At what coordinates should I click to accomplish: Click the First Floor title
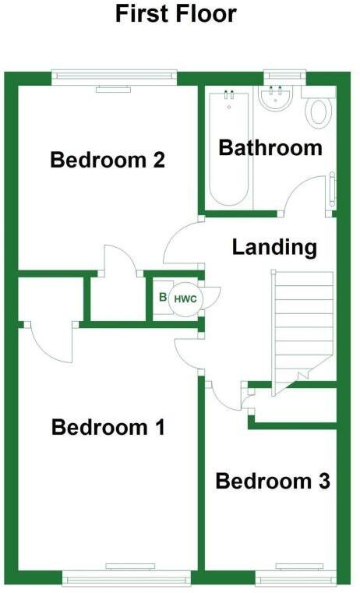pos(175,13)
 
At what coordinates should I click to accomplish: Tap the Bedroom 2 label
pos(107,161)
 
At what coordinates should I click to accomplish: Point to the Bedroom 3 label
pos(273,482)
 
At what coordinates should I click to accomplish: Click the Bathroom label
pos(270,147)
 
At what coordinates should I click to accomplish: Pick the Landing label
pos(274,248)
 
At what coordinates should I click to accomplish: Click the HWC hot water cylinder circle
pos(185,298)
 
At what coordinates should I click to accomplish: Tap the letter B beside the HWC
pos(162,298)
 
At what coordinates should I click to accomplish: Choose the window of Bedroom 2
pos(115,76)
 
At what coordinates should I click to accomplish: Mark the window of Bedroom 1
pos(125,577)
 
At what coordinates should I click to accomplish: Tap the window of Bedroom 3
pos(295,577)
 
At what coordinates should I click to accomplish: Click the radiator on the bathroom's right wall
pos(333,191)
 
